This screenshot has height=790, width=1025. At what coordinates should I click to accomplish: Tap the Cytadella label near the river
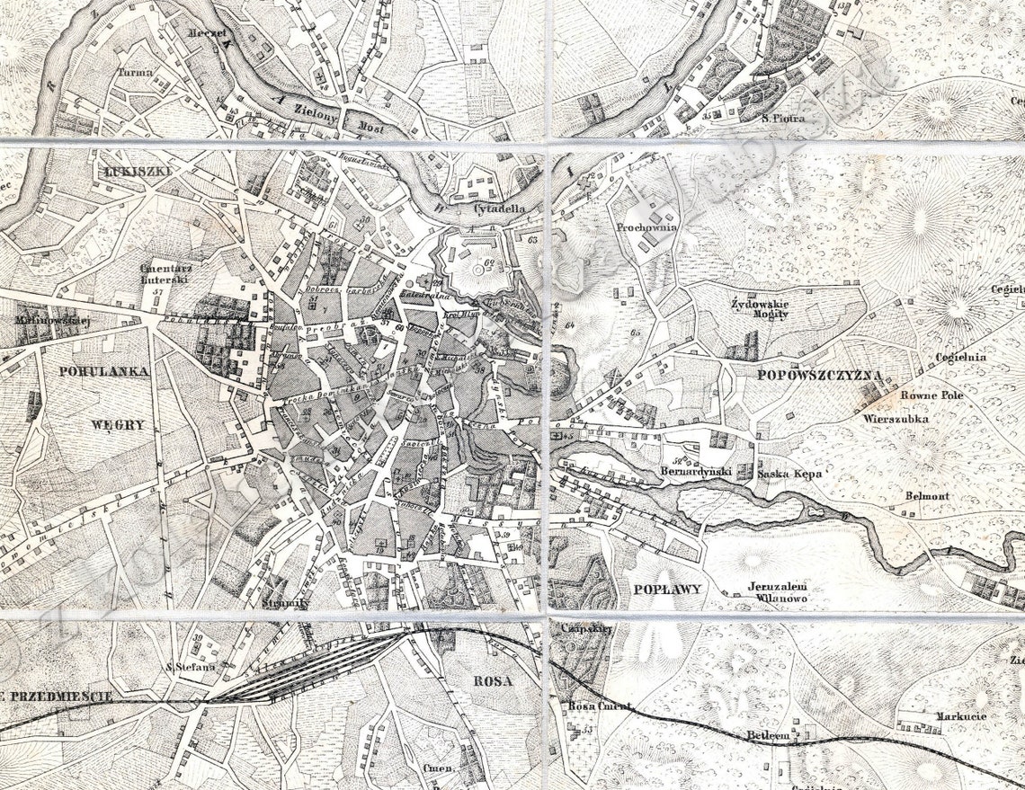(499, 209)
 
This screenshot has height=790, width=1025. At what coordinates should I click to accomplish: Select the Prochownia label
(646, 228)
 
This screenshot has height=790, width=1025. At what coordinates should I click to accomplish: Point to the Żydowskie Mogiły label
(760, 308)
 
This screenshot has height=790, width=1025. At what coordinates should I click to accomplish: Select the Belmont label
(927, 495)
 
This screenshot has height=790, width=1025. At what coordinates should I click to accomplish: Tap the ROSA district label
(492, 680)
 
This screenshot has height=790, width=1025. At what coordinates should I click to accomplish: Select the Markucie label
(961, 716)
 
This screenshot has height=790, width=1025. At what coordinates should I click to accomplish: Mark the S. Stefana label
(191, 667)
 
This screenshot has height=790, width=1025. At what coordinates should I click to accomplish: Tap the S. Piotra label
(782, 118)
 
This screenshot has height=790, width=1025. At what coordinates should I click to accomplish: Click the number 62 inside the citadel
(490, 263)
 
